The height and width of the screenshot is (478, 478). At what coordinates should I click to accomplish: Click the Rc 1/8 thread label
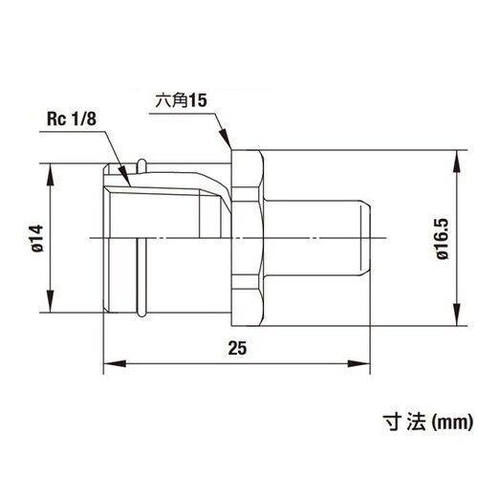pyautogui.click(x=72, y=119)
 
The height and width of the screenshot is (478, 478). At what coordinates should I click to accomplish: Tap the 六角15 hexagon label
pyautogui.click(x=181, y=100)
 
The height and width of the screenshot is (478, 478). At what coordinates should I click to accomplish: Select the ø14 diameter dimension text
pyautogui.click(x=37, y=238)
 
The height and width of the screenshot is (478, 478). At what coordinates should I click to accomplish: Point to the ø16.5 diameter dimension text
pyautogui.click(x=443, y=239)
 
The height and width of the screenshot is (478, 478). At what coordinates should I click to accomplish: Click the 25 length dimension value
pyautogui.click(x=237, y=348)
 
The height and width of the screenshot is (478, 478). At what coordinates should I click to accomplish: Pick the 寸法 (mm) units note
pyautogui.click(x=427, y=423)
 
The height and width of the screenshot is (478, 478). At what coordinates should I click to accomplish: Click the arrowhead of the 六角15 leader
pyautogui.click(x=226, y=138)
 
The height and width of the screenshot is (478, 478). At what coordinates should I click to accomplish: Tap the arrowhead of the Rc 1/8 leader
pyautogui.click(x=124, y=175)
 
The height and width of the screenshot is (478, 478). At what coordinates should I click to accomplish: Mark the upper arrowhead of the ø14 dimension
pyautogui.click(x=50, y=175)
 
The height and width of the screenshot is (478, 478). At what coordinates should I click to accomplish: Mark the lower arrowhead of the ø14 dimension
pyautogui.click(x=50, y=301)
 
